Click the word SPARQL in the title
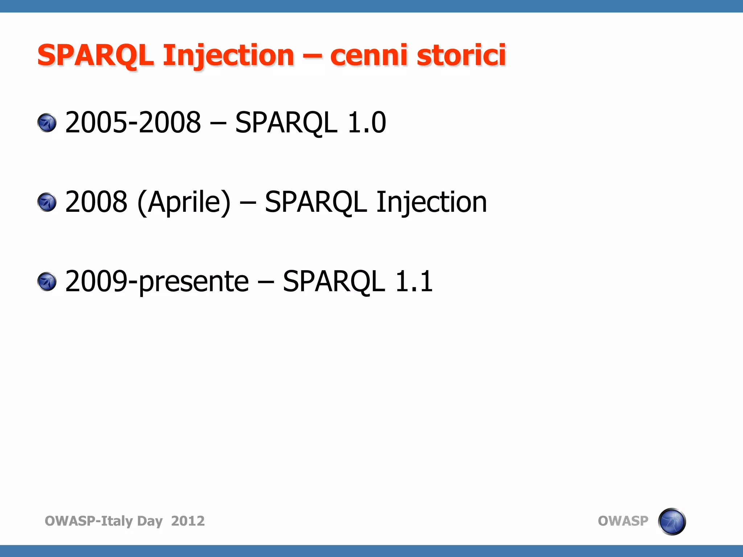click(95, 55)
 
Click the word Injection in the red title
click(228, 55)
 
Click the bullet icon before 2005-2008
click(47, 123)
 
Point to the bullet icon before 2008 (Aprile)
click(47, 202)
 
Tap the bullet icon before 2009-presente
click(47, 282)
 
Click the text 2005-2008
click(133, 122)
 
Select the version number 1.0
click(366, 122)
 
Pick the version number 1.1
click(414, 281)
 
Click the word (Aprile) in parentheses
click(184, 202)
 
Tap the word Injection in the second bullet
click(431, 202)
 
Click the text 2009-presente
click(157, 282)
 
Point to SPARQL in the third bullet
click(333, 282)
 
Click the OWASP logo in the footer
click(672, 521)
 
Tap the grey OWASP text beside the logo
click(623, 521)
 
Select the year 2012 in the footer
click(188, 521)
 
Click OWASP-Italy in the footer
click(89, 521)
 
